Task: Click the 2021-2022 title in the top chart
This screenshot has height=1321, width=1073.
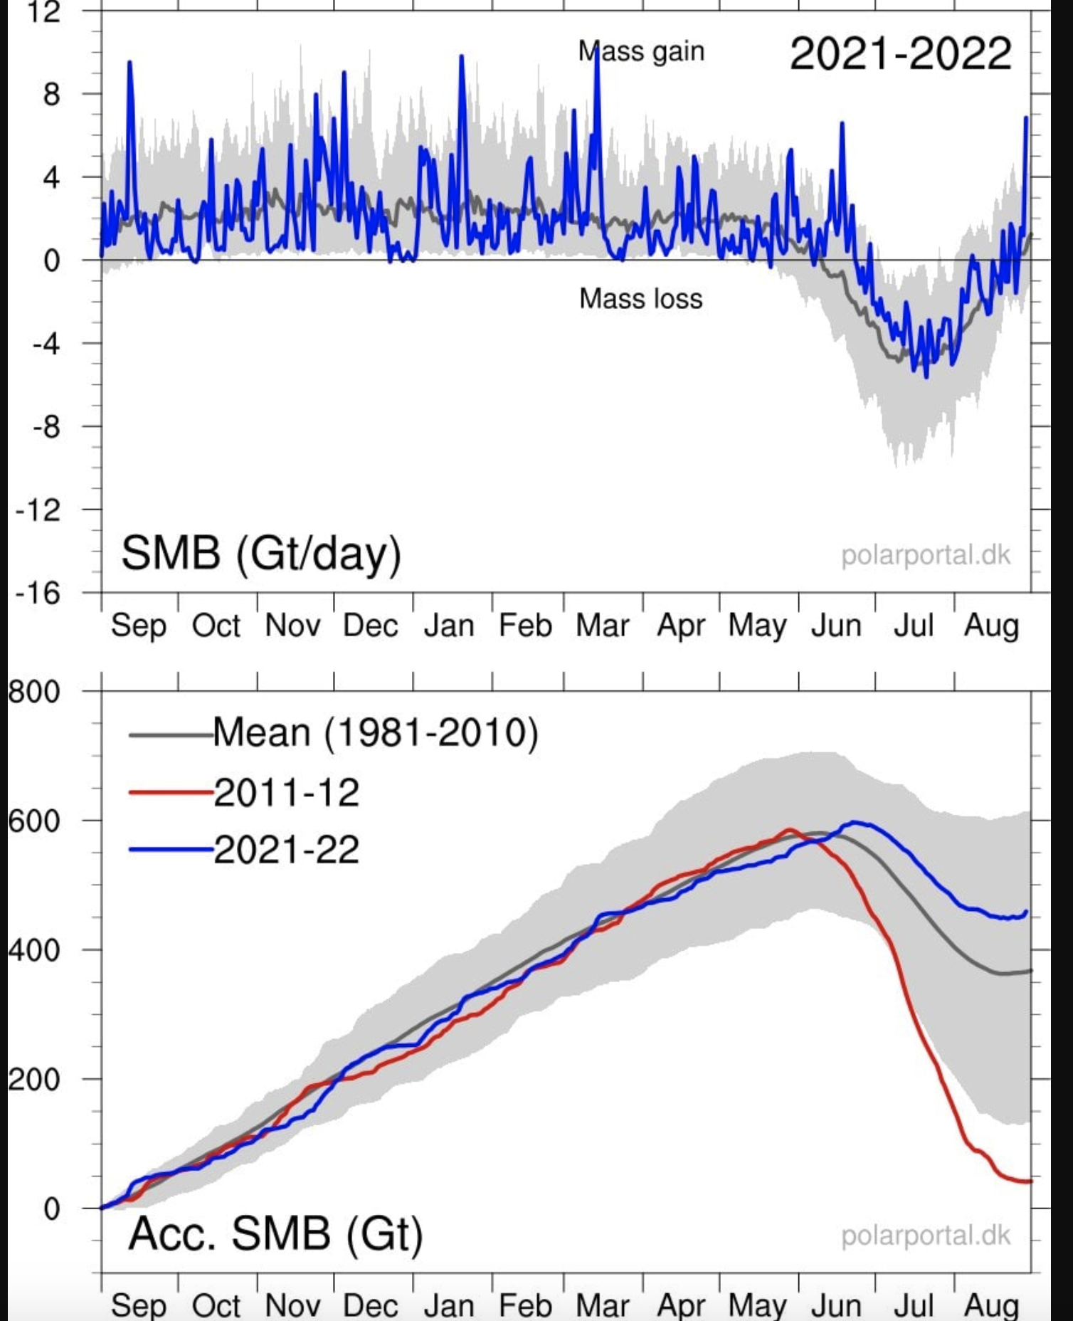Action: click(x=900, y=53)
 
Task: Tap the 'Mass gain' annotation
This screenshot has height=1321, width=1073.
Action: click(x=641, y=51)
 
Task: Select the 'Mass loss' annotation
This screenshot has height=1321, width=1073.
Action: click(x=640, y=298)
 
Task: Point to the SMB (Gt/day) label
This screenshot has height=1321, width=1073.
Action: click(x=261, y=553)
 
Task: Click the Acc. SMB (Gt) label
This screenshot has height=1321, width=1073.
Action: click(x=275, y=1233)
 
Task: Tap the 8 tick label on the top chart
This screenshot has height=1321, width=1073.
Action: click(x=51, y=94)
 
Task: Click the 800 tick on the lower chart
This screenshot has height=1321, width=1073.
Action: click(x=33, y=691)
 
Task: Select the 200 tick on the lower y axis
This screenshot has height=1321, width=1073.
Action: click(x=33, y=1079)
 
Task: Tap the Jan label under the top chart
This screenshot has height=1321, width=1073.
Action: click(x=449, y=626)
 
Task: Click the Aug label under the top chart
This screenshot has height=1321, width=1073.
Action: click(x=991, y=626)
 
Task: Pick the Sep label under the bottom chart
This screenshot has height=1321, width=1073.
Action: click(x=139, y=1306)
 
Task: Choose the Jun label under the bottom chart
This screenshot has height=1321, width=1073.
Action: click(x=836, y=1306)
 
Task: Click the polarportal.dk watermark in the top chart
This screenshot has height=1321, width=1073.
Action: click(x=925, y=555)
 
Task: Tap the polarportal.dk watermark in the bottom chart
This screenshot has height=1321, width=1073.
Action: click(x=925, y=1236)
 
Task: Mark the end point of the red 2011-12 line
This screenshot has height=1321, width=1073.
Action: click(x=1030, y=1181)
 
